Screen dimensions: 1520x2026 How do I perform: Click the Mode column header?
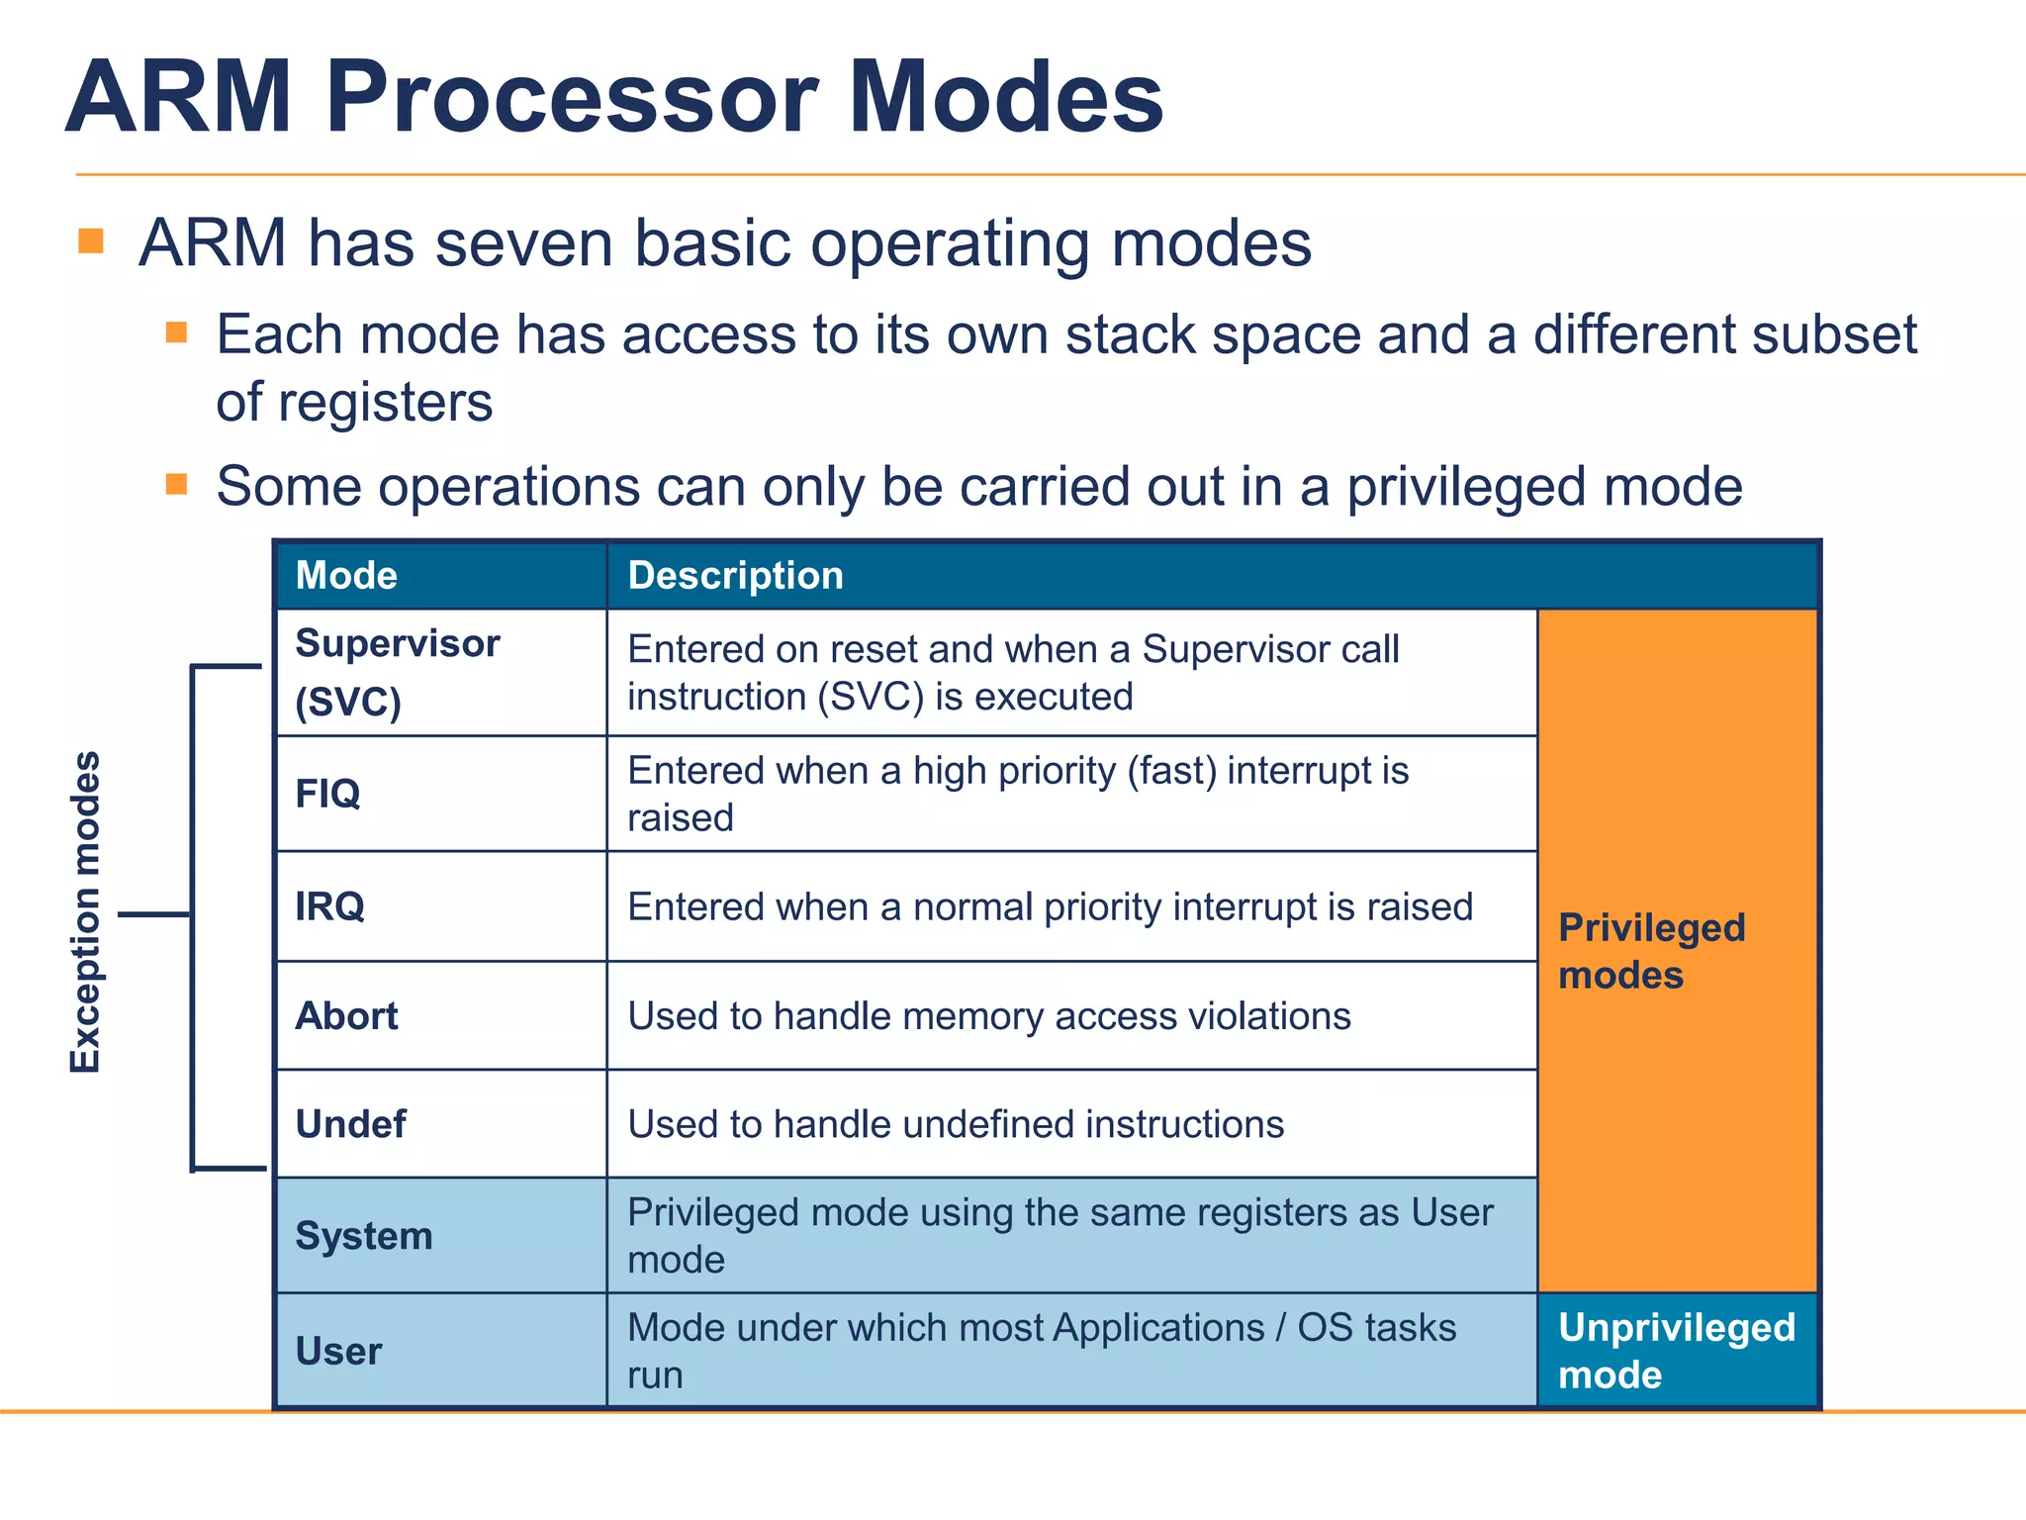coord(346,576)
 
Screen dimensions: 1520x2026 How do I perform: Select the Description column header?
coord(735,576)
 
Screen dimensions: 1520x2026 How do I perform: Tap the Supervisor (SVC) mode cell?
coord(398,672)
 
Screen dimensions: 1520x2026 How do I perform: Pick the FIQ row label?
coord(327,794)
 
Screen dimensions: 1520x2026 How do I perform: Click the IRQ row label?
coord(329,906)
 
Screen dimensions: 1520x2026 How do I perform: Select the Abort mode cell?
coord(346,1016)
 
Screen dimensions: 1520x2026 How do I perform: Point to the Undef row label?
coord(350,1124)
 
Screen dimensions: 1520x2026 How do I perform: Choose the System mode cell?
coord(364,1236)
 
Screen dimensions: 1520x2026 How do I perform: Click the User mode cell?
coord(338,1352)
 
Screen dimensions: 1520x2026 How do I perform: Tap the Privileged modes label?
coord(1651,951)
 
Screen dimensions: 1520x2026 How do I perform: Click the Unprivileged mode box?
coord(1676,1351)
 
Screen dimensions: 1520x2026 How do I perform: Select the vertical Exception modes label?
coord(86,911)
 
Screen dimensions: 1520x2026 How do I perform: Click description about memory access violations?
coord(988,1016)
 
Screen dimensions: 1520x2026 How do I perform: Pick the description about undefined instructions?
coord(956,1124)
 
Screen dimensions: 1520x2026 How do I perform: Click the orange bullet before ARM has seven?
coord(91,240)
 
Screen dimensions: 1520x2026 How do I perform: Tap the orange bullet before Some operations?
coord(176,484)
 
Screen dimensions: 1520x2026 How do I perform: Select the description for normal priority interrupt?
coord(1050,906)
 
